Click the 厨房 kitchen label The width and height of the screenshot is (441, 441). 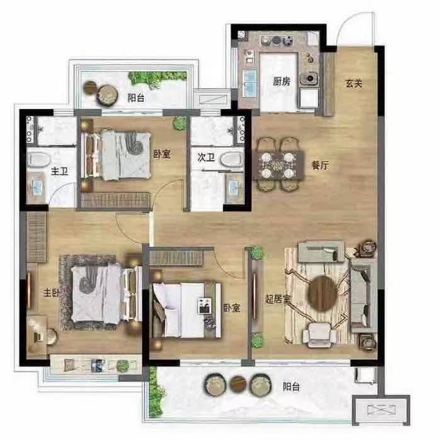click(281, 81)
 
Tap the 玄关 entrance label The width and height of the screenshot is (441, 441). click(354, 84)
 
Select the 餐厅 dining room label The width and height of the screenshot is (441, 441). click(320, 165)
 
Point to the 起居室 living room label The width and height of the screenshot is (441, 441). click(278, 299)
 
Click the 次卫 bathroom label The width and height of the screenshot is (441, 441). click(206, 157)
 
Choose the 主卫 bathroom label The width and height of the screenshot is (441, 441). click(59, 171)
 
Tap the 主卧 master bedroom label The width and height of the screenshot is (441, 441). click(51, 292)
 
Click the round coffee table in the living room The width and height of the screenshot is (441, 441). click(323, 294)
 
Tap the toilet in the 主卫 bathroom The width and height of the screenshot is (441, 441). click(39, 159)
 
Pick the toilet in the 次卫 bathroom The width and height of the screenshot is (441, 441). click(231, 160)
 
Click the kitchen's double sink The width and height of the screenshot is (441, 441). click(249, 83)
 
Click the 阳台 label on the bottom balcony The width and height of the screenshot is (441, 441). click(291, 387)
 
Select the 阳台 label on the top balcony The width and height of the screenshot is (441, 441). click(136, 98)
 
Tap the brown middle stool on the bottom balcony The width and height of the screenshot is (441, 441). click(238, 384)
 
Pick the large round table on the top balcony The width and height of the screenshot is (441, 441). click(107, 95)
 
